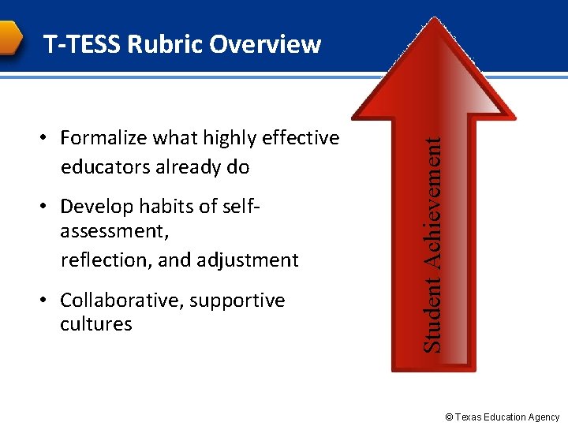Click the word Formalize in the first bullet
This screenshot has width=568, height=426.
click(103, 139)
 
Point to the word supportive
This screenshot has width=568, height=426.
click(238, 301)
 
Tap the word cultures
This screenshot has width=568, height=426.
click(95, 324)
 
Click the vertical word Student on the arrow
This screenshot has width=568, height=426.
click(432, 320)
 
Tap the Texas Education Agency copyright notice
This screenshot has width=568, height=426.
click(502, 417)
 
